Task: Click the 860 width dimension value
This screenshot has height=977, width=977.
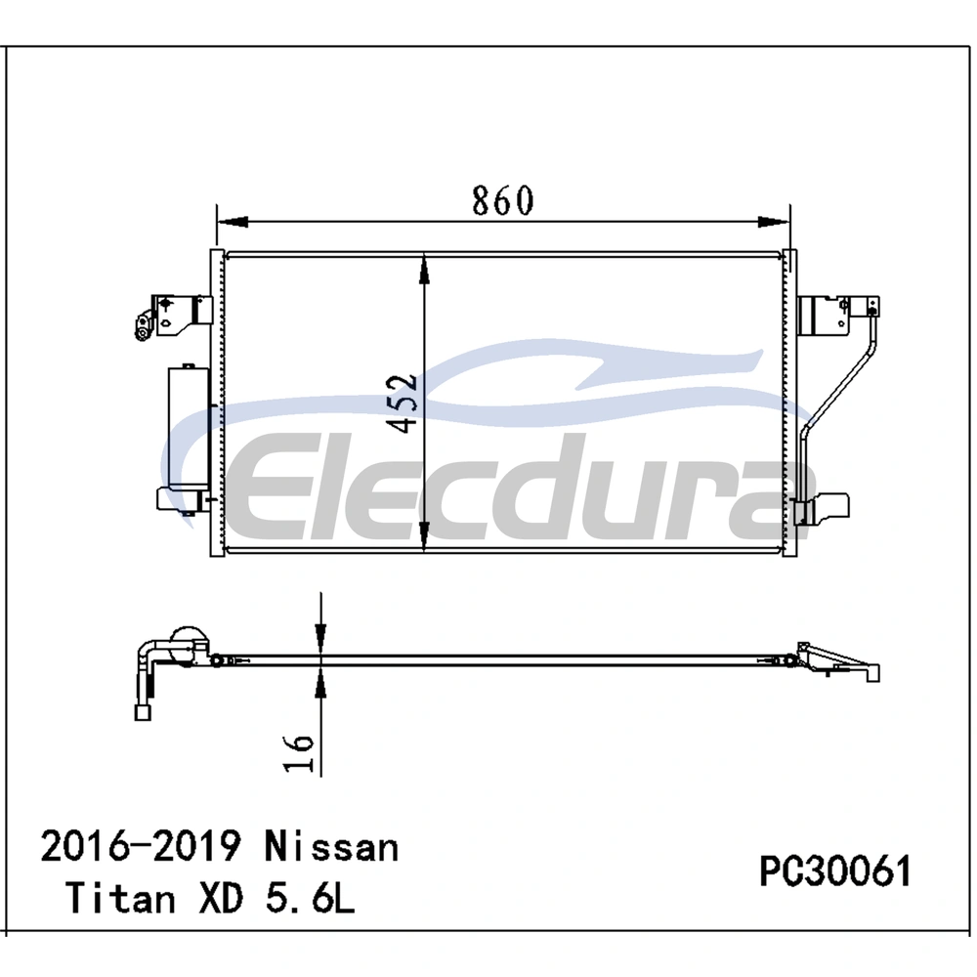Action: click(x=503, y=200)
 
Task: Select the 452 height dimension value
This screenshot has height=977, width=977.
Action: click(x=402, y=404)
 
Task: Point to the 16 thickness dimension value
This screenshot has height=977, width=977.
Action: click(x=299, y=753)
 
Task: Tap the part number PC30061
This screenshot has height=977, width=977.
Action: click(x=835, y=871)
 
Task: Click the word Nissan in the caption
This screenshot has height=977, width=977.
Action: click(x=331, y=847)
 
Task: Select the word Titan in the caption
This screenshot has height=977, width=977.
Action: click(x=120, y=898)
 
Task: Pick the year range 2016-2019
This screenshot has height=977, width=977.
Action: click(x=141, y=847)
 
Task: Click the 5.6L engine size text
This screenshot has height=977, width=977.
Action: click(x=311, y=898)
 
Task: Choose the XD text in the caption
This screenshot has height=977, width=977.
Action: click(x=221, y=898)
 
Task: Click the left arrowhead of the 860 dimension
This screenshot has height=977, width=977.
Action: click(x=232, y=222)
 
